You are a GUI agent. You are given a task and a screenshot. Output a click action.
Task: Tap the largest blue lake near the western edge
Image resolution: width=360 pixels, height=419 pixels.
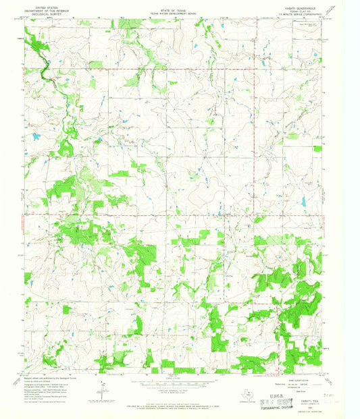[x=35, y=137]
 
